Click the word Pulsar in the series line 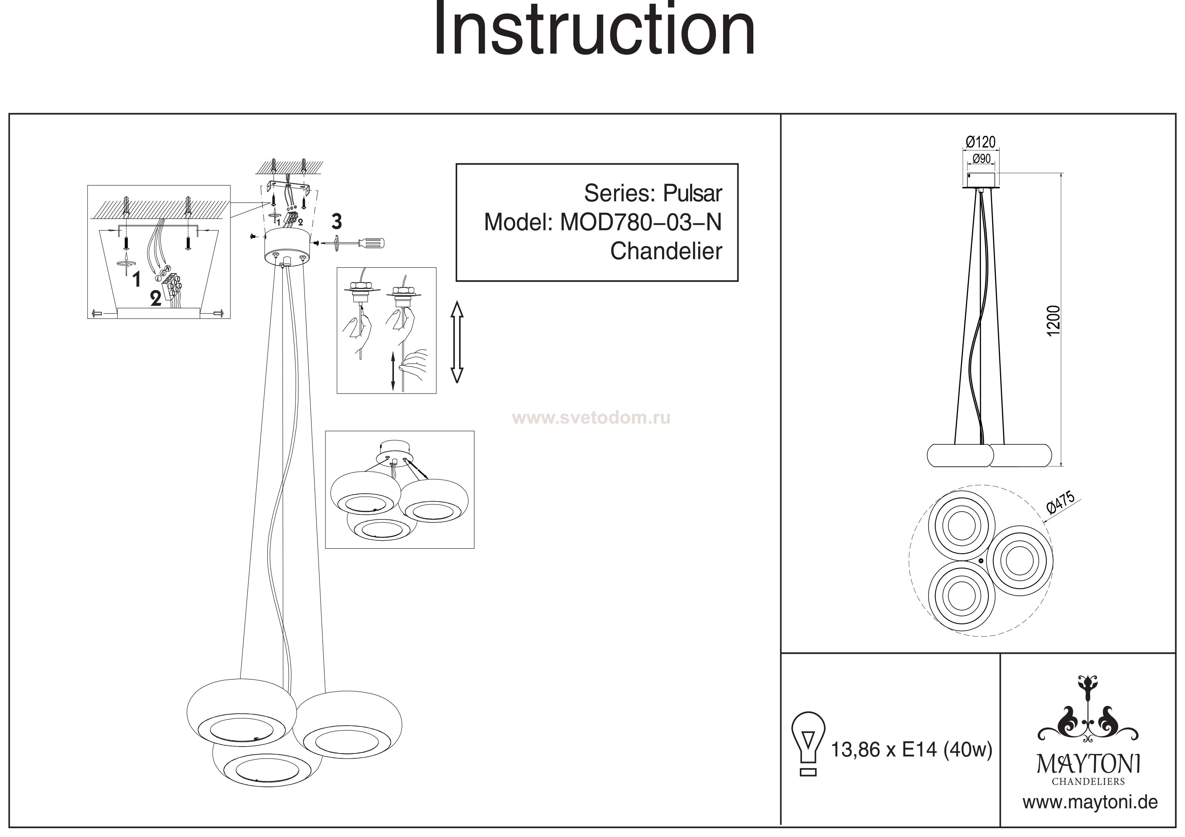692,193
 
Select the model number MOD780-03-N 640,222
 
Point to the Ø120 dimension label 981,141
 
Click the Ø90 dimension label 981,159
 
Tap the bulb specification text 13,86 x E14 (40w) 911,749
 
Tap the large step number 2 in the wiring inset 155,299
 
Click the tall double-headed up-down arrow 457,342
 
